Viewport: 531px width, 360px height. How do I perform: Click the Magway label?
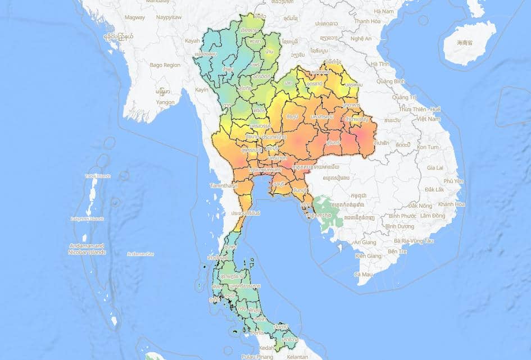tap(135, 17)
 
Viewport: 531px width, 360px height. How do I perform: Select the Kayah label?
tap(192, 41)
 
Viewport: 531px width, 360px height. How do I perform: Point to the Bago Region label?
tap(165, 65)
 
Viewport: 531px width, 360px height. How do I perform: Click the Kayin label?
tap(202, 89)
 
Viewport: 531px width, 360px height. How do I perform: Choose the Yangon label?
tap(166, 102)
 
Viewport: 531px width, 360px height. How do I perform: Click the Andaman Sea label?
tap(140, 254)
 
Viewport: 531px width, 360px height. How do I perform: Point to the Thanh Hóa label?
tap(367, 21)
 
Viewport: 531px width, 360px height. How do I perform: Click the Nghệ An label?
tap(360, 39)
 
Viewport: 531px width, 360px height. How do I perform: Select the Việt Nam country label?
tap(429, 119)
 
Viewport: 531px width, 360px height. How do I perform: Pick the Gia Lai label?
tap(435, 167)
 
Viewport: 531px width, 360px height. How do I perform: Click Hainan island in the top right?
tap(469, 42)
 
